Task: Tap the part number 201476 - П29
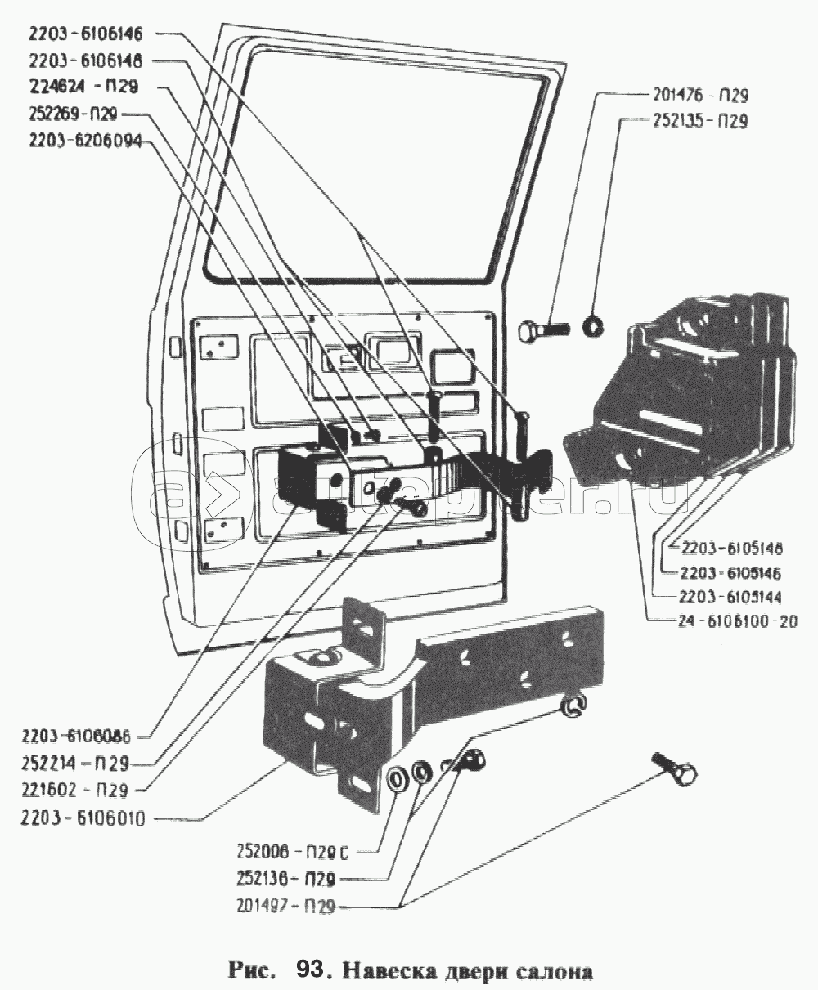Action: tap(701, 95)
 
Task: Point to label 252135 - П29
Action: tap(701, 121)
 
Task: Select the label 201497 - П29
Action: tap(284, 907)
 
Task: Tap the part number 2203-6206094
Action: tap(84, 141)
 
